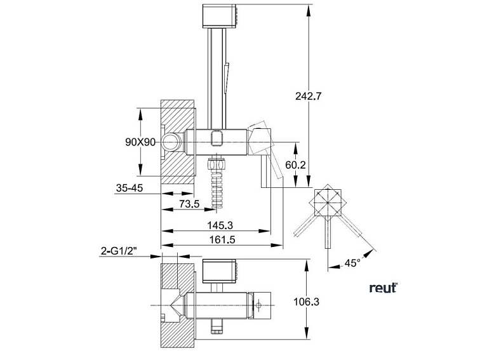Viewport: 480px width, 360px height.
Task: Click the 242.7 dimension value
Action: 310,97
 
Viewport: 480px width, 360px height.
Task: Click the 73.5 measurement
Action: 189,203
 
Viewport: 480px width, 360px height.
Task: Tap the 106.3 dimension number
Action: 307,302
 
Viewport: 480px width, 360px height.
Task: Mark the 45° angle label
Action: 353,262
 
